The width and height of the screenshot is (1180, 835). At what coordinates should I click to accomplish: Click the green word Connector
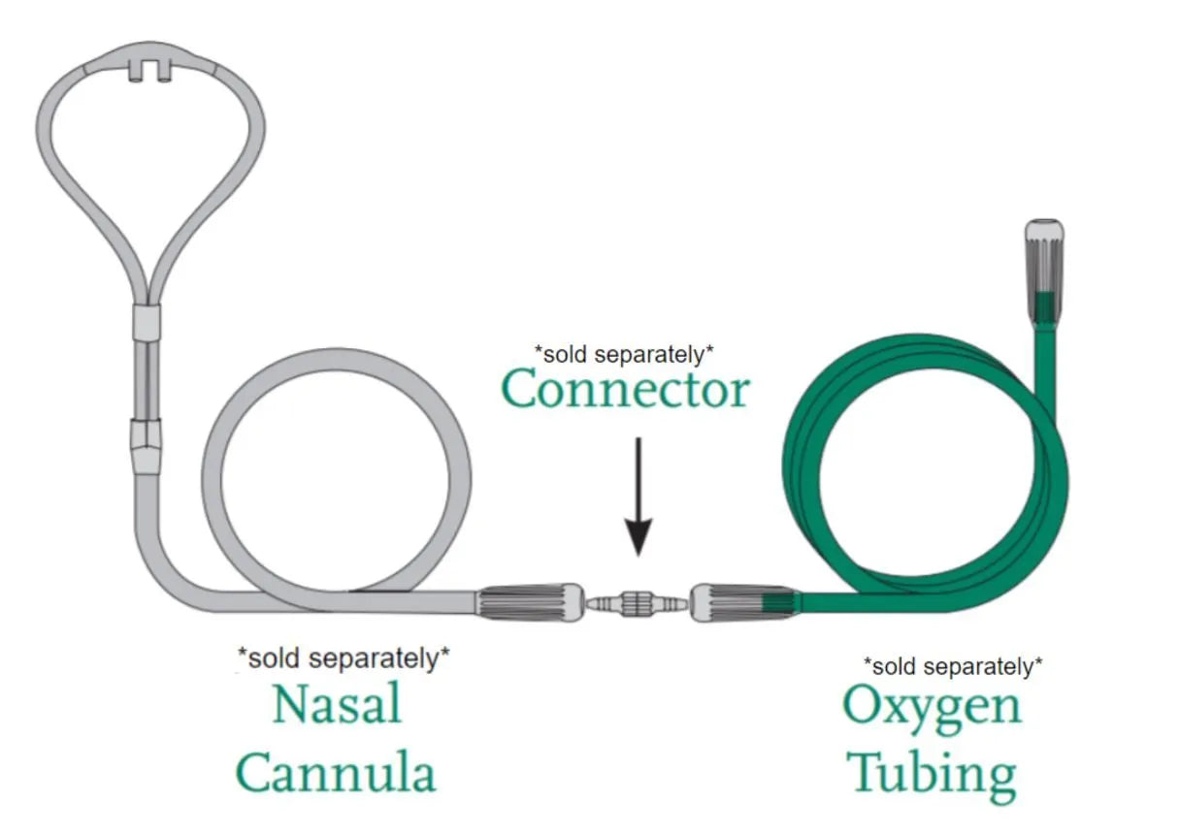point(626,391)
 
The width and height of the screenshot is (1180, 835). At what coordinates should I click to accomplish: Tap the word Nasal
point(337,705)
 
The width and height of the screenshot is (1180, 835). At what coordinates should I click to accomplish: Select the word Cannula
point(336,774)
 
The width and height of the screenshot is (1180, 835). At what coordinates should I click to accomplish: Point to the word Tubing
point(932,774)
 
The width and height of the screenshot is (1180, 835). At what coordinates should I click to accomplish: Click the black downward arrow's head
point(638,537)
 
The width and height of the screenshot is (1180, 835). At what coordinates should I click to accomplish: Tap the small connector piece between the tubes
point(637,602)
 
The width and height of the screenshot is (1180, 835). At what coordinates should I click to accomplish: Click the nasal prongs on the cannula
point(151,69)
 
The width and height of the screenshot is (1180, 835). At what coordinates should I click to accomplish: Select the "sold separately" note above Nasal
point(344,658)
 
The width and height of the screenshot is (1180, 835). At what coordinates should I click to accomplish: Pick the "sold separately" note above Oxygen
point(953,666)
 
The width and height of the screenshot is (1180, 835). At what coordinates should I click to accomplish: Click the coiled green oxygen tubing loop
point(922,485)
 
